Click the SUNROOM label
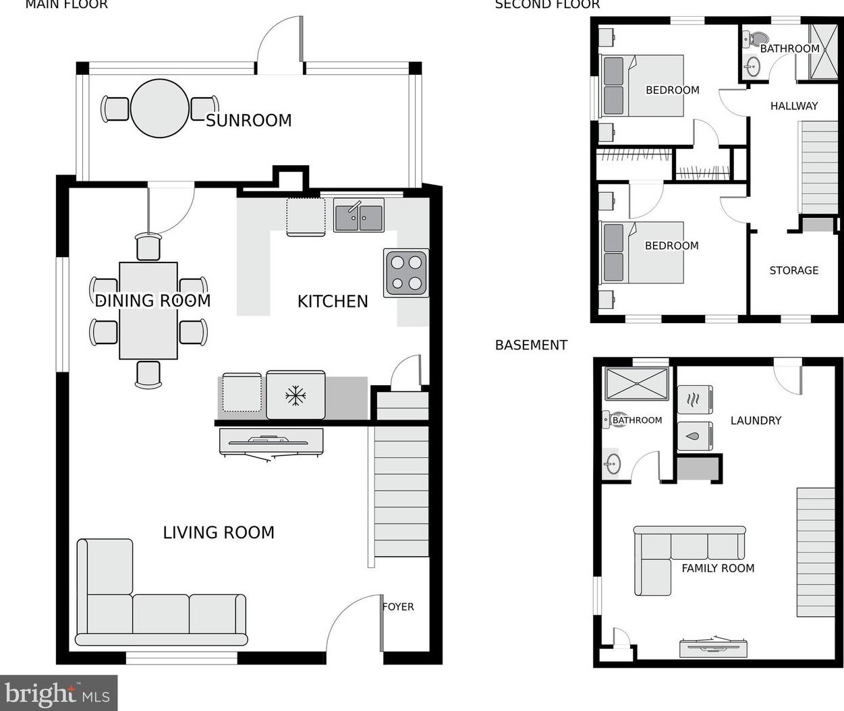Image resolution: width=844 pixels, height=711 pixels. [x=248, y=121]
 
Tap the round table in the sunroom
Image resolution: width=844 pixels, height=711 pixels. [x=160, y=109]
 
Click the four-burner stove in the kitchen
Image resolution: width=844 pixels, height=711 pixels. [x=406, y=273]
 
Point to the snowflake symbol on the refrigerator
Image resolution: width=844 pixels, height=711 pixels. [x=296, y=396]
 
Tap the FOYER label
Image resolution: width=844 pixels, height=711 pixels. [x=398, y=606]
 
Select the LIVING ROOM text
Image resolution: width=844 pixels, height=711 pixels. [x=219, y=533]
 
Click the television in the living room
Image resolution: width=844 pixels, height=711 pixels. [x=271, y=445]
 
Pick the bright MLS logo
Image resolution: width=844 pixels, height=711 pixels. [x=59, y=693]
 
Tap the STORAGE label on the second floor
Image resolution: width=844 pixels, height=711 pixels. [x=793, y=271]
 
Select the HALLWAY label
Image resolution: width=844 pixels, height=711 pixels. [x=793, y=106]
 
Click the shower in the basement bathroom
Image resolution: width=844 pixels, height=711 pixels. [x=637, y=384]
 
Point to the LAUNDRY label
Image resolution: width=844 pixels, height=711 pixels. [x=756, y=420]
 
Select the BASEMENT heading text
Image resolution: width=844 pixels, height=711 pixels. [x=531, y=345]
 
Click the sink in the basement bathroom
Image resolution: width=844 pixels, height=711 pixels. [x=613, y=463]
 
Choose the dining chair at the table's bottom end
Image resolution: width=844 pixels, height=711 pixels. [x=148, y=374]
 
